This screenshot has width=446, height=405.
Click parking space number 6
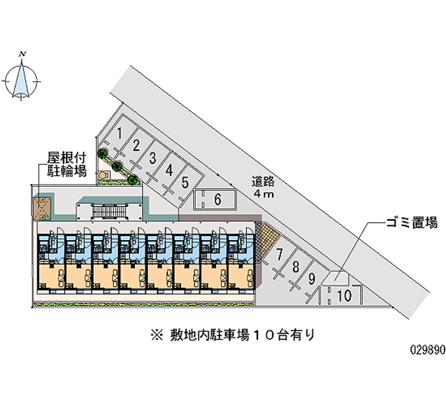pyautogui.click(x=217, y=198)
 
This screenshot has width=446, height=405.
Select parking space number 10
pyautogui.click(x=344, y=296)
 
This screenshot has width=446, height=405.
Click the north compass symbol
pyautogui.click(x=23, y=77)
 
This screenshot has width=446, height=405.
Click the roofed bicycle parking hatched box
pyautogui.click(x=42, y=206)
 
